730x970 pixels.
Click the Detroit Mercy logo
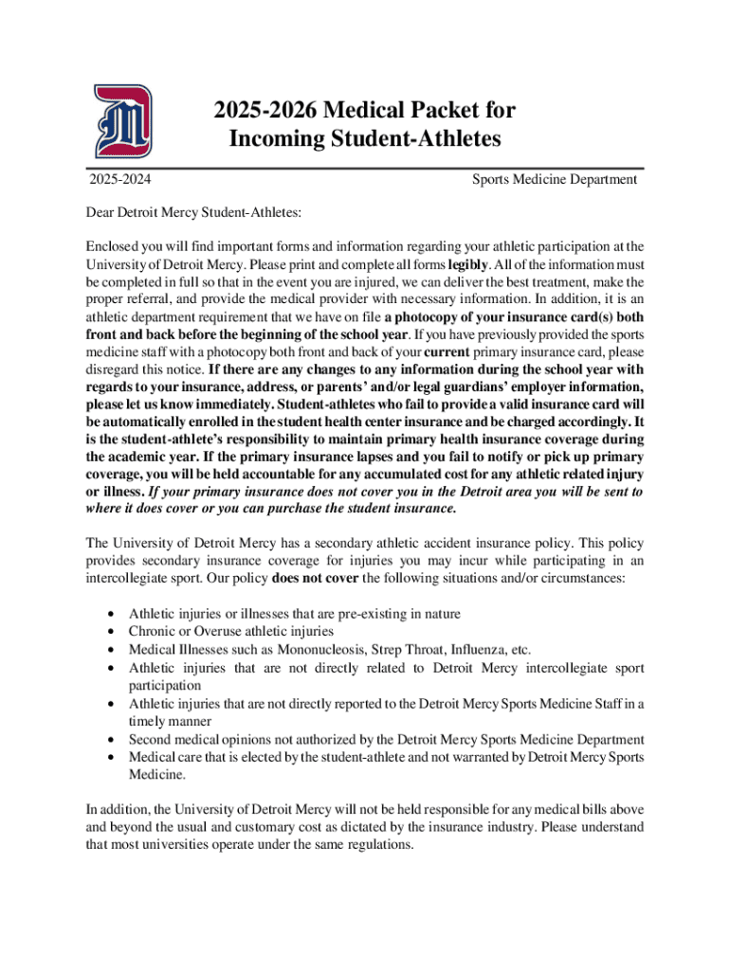[122, 122]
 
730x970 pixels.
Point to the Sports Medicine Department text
[555, 180]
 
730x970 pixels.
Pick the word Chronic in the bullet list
[153, 632]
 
